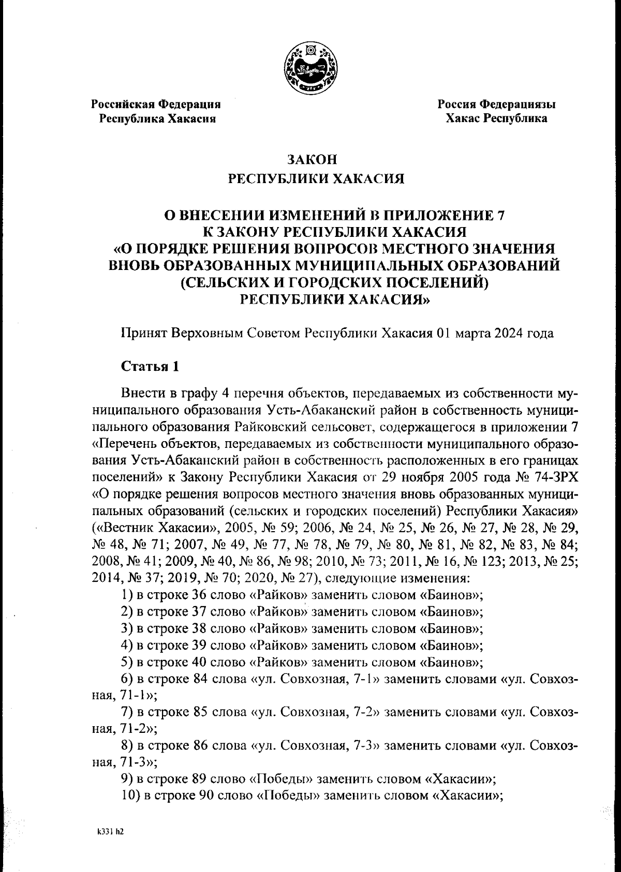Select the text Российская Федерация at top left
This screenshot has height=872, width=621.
click(156, 104)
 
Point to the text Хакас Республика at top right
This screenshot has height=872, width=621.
click(496, 119)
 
